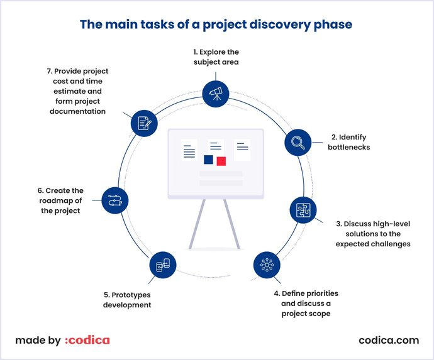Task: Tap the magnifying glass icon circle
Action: [298, 143]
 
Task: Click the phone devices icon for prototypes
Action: [163, 265]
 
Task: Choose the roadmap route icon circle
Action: [114, 200]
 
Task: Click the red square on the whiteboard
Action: [221, 161]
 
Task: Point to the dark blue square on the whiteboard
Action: [208, 160]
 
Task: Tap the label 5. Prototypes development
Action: [127, 299]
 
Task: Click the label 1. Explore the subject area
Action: [216, 57]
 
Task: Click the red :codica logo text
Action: [87, 341]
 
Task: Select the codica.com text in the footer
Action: [388, 341]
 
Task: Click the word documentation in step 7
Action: [75, 111]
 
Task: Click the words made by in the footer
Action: [38, 341]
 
